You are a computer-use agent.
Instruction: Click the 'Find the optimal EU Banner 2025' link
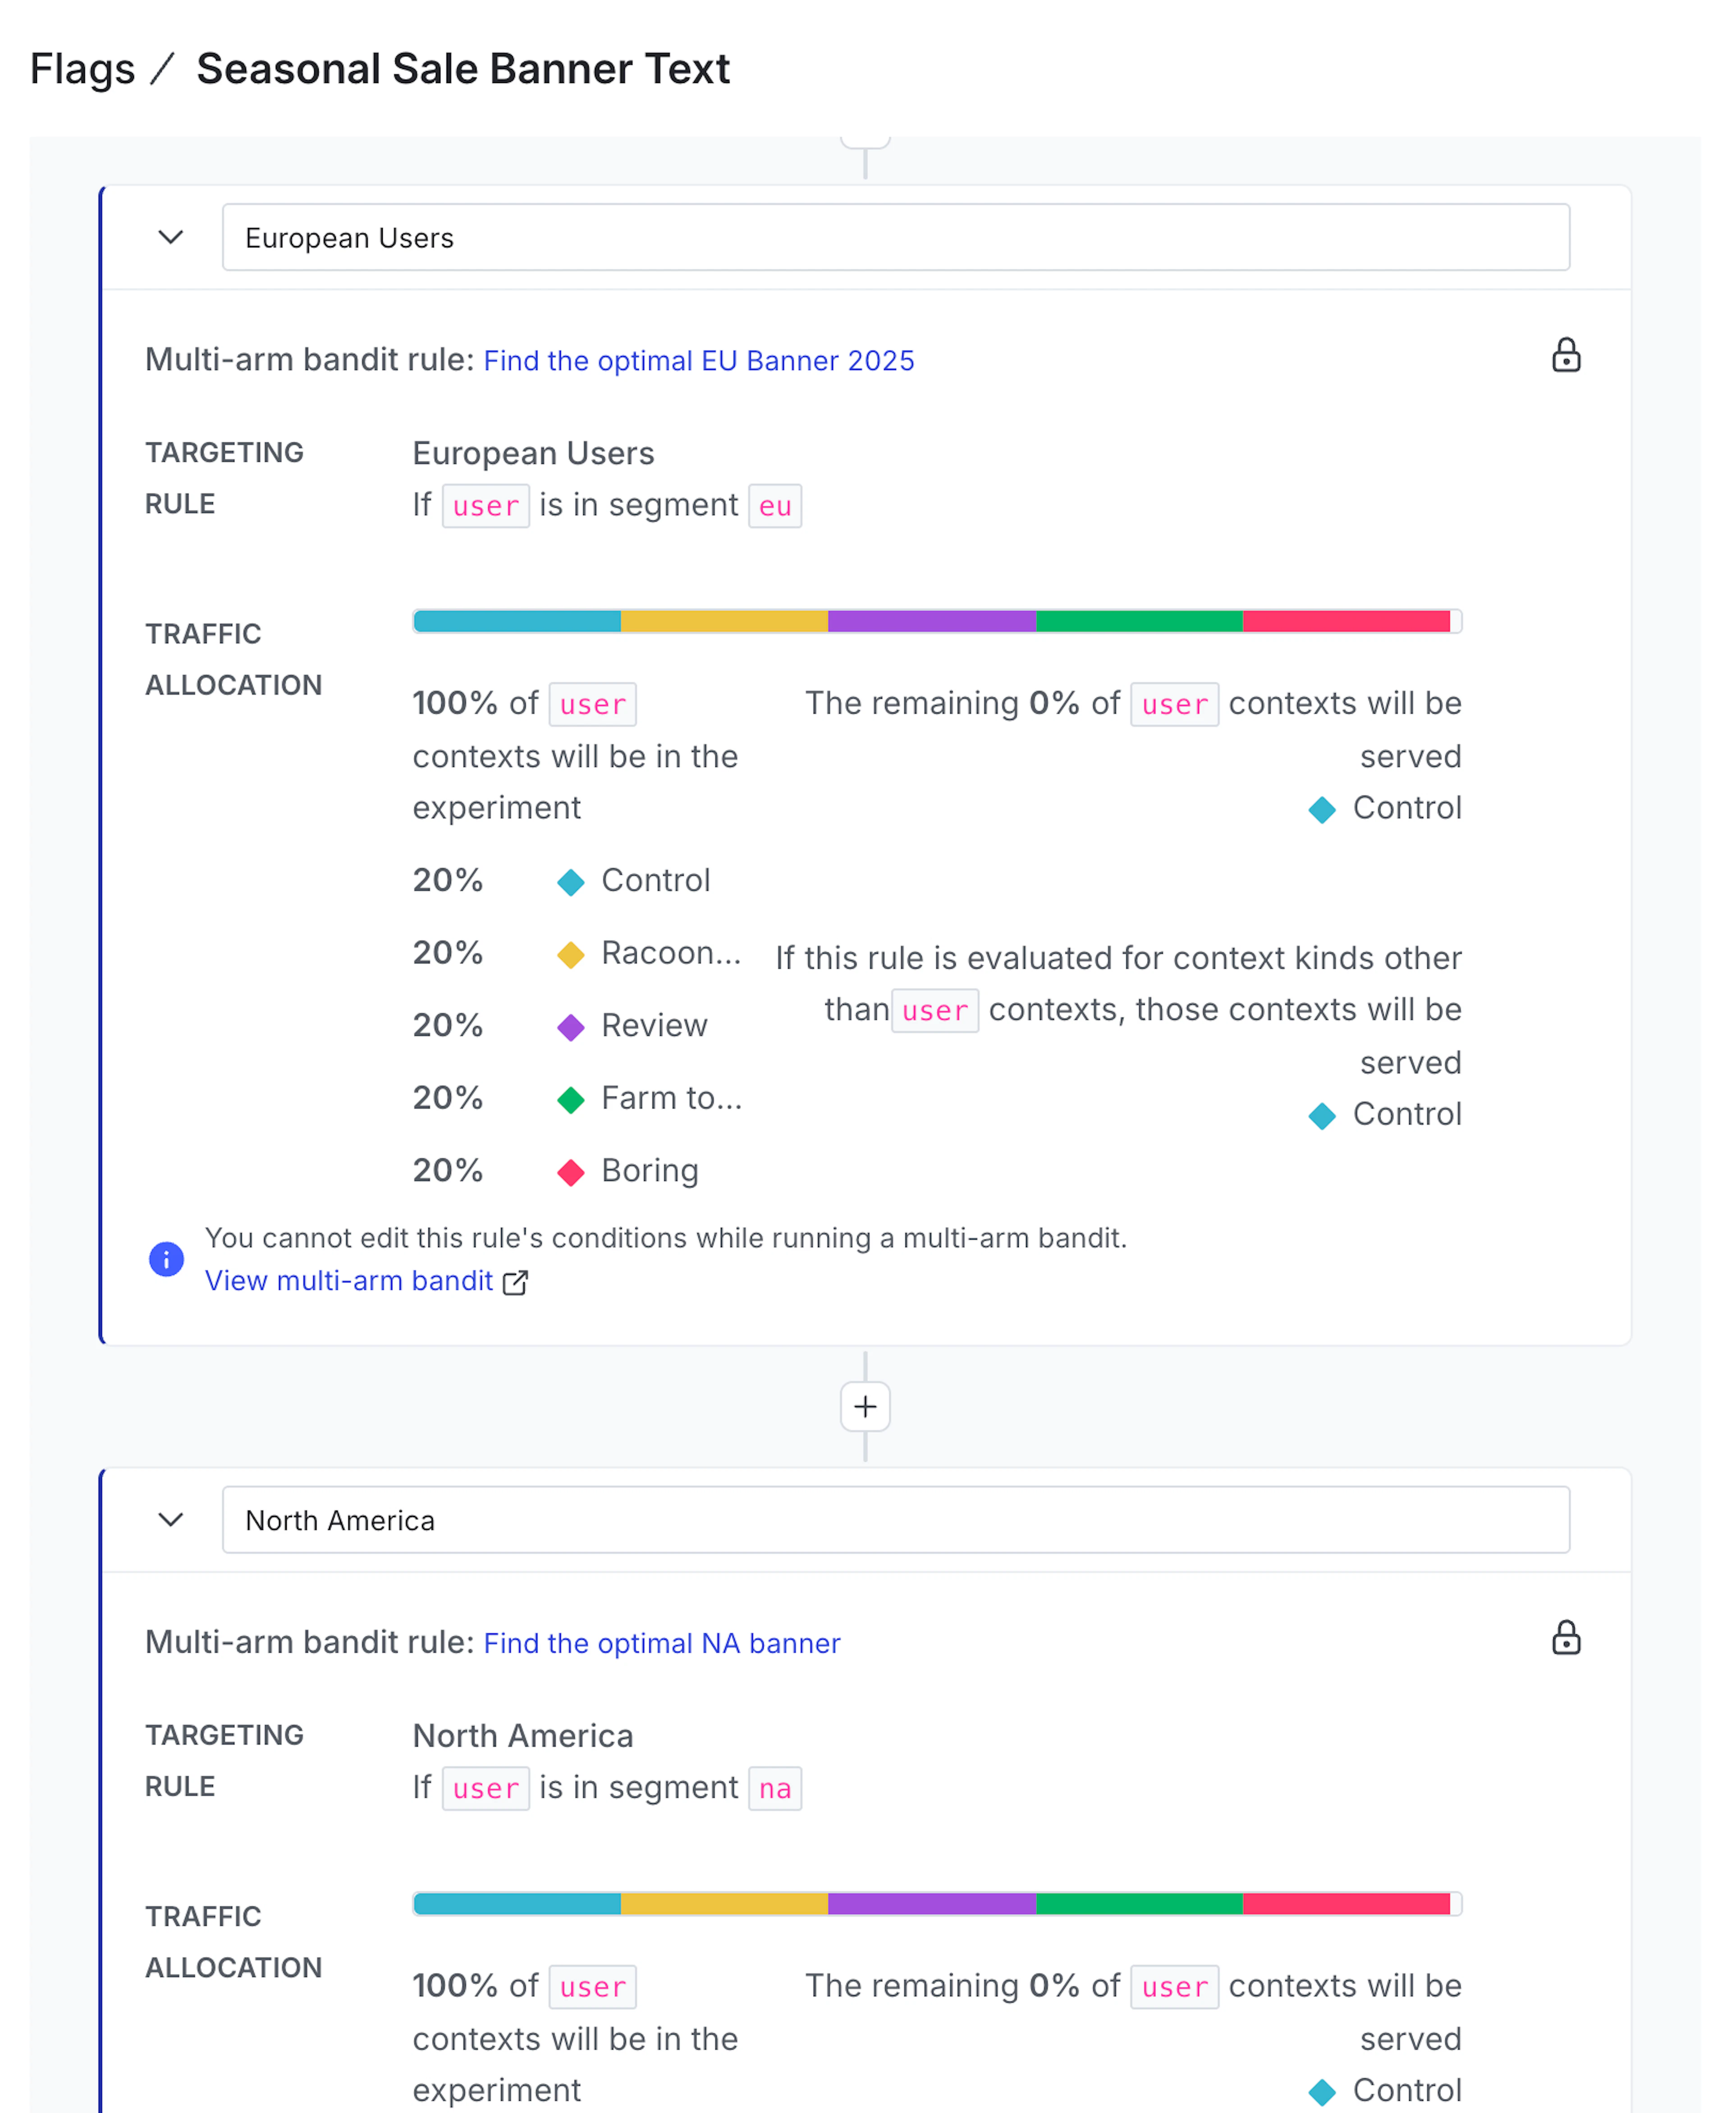tap(698, 361)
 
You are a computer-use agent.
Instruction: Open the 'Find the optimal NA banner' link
tap(661, 1643)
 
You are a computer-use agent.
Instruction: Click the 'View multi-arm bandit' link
tap(349, 1281)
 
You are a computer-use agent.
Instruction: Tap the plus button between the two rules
tap(865, 1407)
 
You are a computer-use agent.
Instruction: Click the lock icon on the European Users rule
tap(1566, 356)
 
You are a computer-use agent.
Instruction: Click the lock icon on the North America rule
tap(1566, 1638)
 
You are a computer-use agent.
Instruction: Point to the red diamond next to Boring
tap(570, 1173)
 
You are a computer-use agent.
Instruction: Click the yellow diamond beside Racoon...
tap(570, 955)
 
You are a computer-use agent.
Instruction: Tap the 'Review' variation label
tap(654, 1026)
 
